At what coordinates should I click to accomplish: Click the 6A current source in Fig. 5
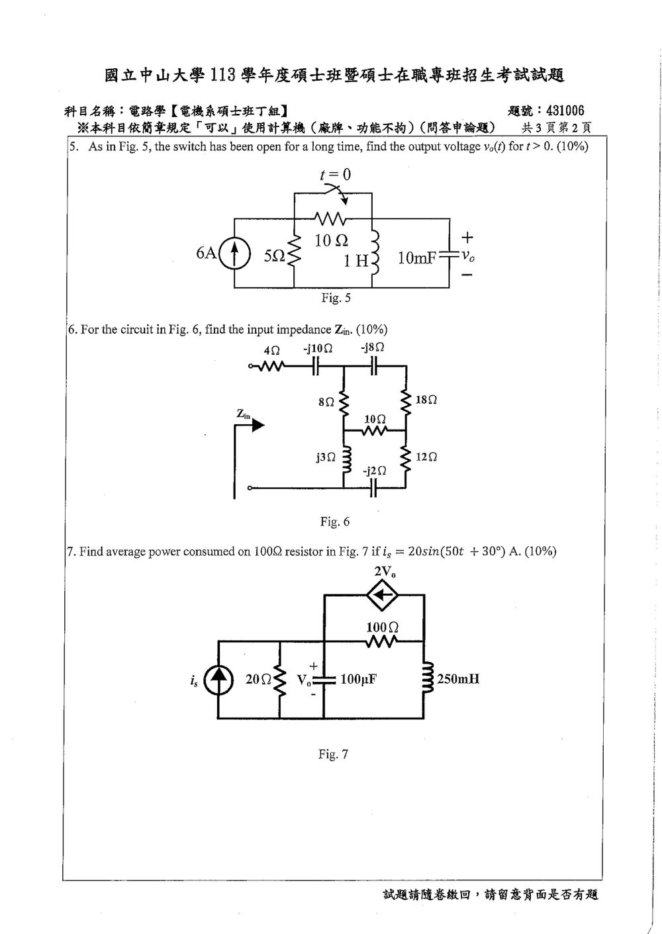click(x=235, y=254)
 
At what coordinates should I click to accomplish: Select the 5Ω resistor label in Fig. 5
click(x=274, y=256)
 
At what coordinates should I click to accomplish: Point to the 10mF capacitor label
click(x=417, y=258)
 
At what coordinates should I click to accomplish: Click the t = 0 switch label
click(x=335, y=174)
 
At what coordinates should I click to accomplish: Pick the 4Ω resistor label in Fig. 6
click(x=271, y=351)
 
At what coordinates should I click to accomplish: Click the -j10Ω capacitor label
click(x=318, y=348)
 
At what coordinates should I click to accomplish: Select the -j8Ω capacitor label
click(x=372, y=348)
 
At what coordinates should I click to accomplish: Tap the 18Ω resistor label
click(x=426, y=400)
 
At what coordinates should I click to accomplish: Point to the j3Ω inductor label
click(x=326, y=457)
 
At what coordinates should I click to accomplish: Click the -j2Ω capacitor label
click(x=374, y=471)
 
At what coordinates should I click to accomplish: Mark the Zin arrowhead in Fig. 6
click(x=258, y=426)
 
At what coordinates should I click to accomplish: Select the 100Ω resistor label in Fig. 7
click(x=382, y=627)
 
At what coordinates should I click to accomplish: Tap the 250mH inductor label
click(x=458, y=679)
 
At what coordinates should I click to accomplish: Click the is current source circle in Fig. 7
click(x=218, y=680)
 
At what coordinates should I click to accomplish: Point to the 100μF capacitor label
click(x=359, y=680)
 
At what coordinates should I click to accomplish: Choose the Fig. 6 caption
click(x=335, y=522)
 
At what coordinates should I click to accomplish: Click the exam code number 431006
click(x=565, y=111)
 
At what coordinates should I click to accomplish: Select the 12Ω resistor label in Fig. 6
click(x=426, y=457)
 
